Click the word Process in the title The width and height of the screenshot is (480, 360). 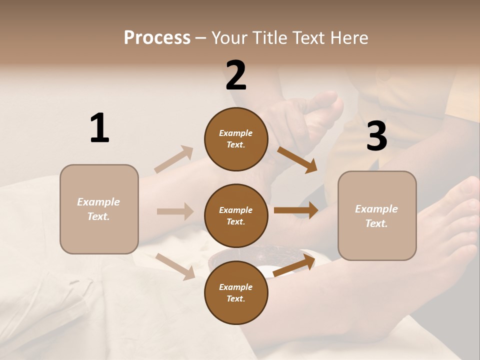pyautogui.click(x=157, y=38)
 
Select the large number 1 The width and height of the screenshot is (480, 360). pyautogui.click(x=99, y=128)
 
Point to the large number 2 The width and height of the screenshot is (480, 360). pyautogui.click(x=236, y=75)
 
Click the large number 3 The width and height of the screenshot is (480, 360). pyautogui.click(x=376, y=136)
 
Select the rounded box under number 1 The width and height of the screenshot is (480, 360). pyautogui.click(x=99, y=209)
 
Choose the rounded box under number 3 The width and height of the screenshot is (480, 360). pyautogui.click(x=377, y=215)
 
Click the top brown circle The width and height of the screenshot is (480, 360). pyautogui.click(x=236, y=139)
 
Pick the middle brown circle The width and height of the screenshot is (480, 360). pyautogui.click(x=236, y=215)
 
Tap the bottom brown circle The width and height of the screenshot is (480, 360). pyautogui.click(x=236, y=292)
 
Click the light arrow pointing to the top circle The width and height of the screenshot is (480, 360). pyautogui.click(x=174, y=159)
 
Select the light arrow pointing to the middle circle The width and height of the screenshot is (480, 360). pyautogui.click(x=175, y=211)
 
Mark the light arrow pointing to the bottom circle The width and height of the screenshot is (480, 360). pyautogui.click(x=175, y=266)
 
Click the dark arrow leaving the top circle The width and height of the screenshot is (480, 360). pyautogui.click(x=297, y=159)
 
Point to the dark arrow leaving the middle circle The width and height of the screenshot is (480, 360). pyautogui.click(x=296, y=210)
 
